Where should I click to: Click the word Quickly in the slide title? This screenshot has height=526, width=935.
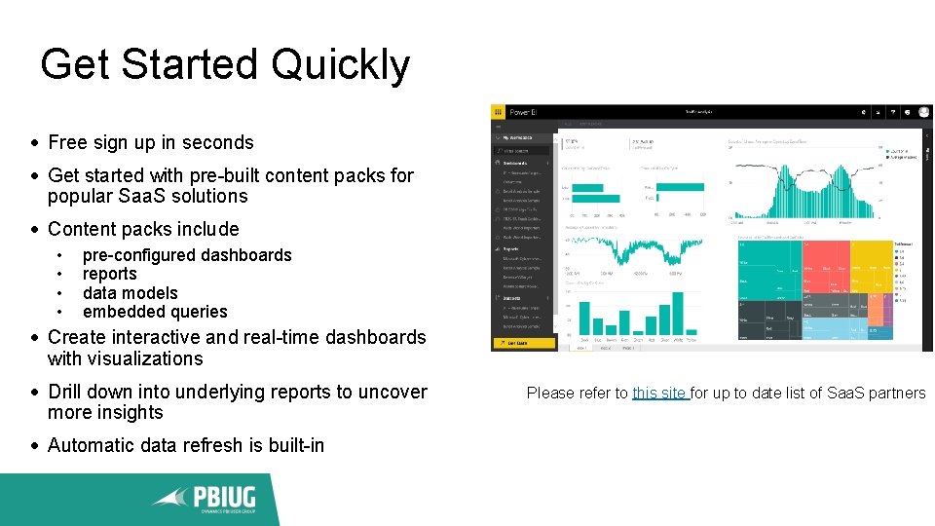tap(341, 65)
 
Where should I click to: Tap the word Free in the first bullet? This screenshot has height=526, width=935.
tap(68, 142)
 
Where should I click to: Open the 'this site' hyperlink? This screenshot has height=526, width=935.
tap(659, 393)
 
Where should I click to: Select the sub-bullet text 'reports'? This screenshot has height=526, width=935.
tap(109, 274)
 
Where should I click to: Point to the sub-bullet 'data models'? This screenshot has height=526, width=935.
tap(130, 293)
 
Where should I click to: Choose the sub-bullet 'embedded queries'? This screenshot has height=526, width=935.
tap(154, 312)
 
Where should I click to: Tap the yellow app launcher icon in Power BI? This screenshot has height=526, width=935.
tap(498, 113)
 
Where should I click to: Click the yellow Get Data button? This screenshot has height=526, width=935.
tap(524, 343)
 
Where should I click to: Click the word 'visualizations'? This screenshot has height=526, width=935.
tap(125, 358)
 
